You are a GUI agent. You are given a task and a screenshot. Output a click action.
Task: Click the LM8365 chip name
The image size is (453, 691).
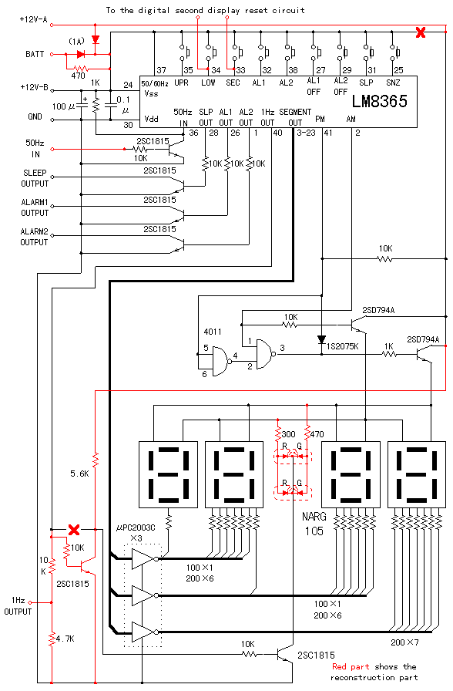tap(380, 101)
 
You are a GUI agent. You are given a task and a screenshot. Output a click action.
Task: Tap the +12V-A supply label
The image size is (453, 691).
tap(33, 19)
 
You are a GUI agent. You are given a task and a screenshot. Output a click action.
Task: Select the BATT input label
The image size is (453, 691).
tap(35, 54)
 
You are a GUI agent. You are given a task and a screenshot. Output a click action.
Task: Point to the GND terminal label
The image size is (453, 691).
tap(35, 116)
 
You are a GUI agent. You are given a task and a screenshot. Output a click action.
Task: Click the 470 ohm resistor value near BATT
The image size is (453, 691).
tap(78, 76)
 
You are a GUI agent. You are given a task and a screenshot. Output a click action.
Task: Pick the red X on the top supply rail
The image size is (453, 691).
tap(421, 32)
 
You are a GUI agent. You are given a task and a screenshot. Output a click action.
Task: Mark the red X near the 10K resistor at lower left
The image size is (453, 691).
tap(74, 529)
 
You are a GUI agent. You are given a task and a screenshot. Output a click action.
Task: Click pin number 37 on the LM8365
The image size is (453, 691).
tap(162, 70)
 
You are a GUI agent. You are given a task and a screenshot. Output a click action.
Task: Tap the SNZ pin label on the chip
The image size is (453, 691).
tap(393, 83)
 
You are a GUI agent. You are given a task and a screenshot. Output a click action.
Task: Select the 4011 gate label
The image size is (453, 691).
tap(212, 332)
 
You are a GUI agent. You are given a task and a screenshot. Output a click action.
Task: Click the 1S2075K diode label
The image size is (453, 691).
tap(343, 346)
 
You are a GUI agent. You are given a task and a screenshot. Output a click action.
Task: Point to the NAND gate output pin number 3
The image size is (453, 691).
tap(282, 348)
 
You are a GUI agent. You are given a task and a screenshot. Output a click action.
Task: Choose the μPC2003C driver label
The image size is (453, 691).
tap(136, 528)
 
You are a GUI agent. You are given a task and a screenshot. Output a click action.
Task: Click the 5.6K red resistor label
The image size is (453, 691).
tap(79, 474)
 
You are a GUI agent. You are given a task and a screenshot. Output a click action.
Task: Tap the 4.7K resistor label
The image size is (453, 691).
tap(65, 639)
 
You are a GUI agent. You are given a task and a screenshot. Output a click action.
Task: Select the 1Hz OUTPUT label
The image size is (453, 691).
tap(18, 606)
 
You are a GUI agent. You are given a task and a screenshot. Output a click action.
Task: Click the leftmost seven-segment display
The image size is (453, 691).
tap(168, 474)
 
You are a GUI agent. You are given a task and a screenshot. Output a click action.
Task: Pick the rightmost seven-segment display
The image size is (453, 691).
tap(417, 474)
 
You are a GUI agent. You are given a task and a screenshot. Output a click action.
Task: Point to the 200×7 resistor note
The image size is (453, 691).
tap(404, 642)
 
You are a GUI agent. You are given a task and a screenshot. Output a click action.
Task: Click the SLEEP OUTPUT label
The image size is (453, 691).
tap(35, 178)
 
